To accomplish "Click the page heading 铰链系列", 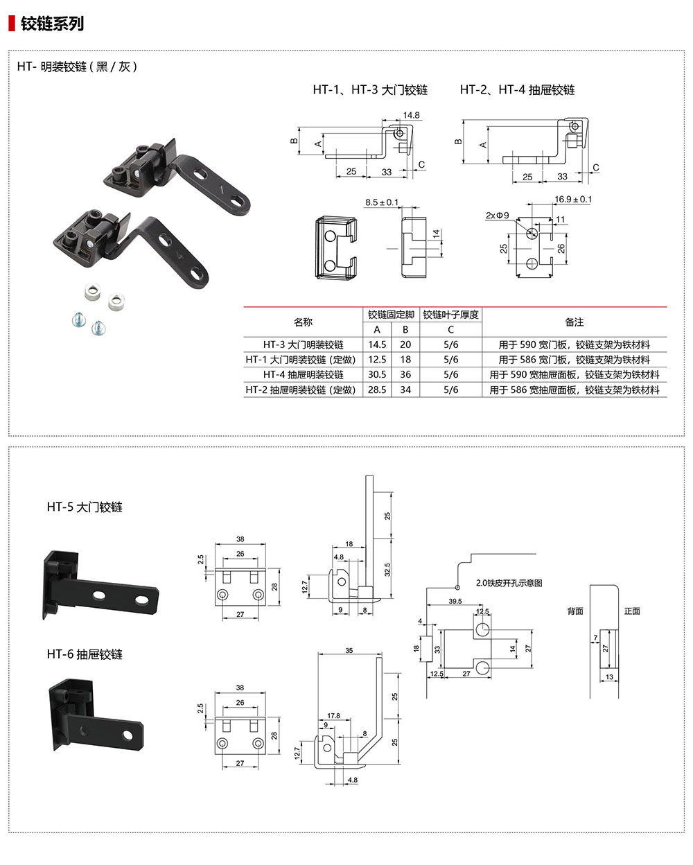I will pyautogui.click(x=52, y=24).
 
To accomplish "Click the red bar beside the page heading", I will pyautogui.click(x=11, y=24).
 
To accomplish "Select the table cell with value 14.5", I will pyautogui.click(x=377, y=344).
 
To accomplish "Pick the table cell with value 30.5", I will pyautogui.click(x=377, y=374).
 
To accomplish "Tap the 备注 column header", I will pyautogui.click(x=574, y=322).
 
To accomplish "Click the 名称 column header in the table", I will pyautogui.click(x=304, y=322).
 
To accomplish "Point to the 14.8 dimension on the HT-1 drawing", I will pyautogui.click(x=411, y=116).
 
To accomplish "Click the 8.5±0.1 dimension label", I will pyautogui.click(x=382, y=202).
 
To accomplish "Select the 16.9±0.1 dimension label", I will pyautogui.click(x=573, y=200).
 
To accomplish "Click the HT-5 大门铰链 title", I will pyautogui.click(x=85, y=507).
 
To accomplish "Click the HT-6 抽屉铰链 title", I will pyautogui.click(x=85, y=654).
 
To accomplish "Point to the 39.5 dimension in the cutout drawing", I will pyautogui.click(x=455, y=601).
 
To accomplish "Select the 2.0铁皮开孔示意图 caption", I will pyautogui.click(x=509, y=583).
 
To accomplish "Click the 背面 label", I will pyautogui.click(x=575, y=611).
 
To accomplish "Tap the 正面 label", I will pyautogui.click(x=632, y=611).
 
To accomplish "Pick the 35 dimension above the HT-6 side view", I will pyautogui.click(x=349, y=651).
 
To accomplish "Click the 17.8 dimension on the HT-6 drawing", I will pyautogui.click(x=333, y=716).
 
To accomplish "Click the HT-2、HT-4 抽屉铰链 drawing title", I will pyautogui.click(x=517, y=90).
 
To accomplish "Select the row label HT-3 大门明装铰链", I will pyautogui.click(x=304, y=344).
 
